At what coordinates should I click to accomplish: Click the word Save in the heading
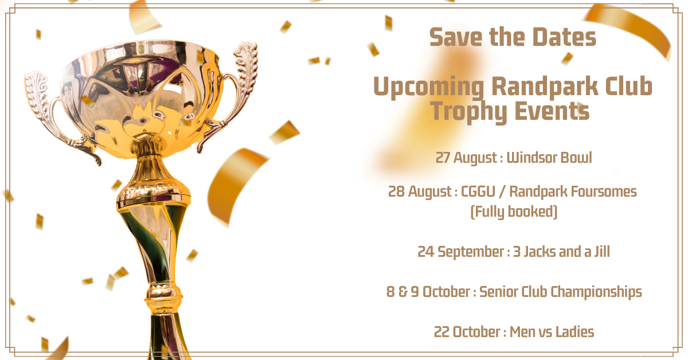[x=456, y=37]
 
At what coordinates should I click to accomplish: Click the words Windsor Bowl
[x=549, y=158]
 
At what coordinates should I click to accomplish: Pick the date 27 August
[x=466, y=158]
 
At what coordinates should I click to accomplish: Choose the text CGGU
[x=478, y=191]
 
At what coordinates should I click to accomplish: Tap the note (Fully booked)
[x=514, y=212]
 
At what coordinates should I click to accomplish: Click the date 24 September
[x=460, y=252]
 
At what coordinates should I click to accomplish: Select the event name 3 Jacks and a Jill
[x=561, y=252]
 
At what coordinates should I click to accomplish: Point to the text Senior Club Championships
[x=561, y=292]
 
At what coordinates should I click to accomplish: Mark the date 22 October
[x=467, y=332]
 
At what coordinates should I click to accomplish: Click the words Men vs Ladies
[x=552, y=332]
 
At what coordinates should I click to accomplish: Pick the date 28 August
[x=420, y=192]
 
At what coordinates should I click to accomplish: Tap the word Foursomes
[x=604, y=191]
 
